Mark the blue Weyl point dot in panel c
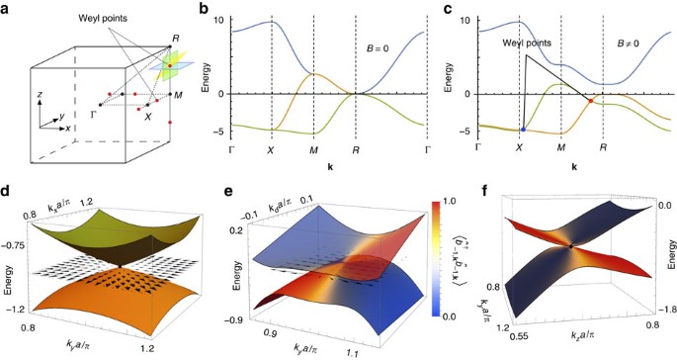(x=521, y=130)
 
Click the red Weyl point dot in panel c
(x=591, y=101)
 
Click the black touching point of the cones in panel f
(x=570, y=244)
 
